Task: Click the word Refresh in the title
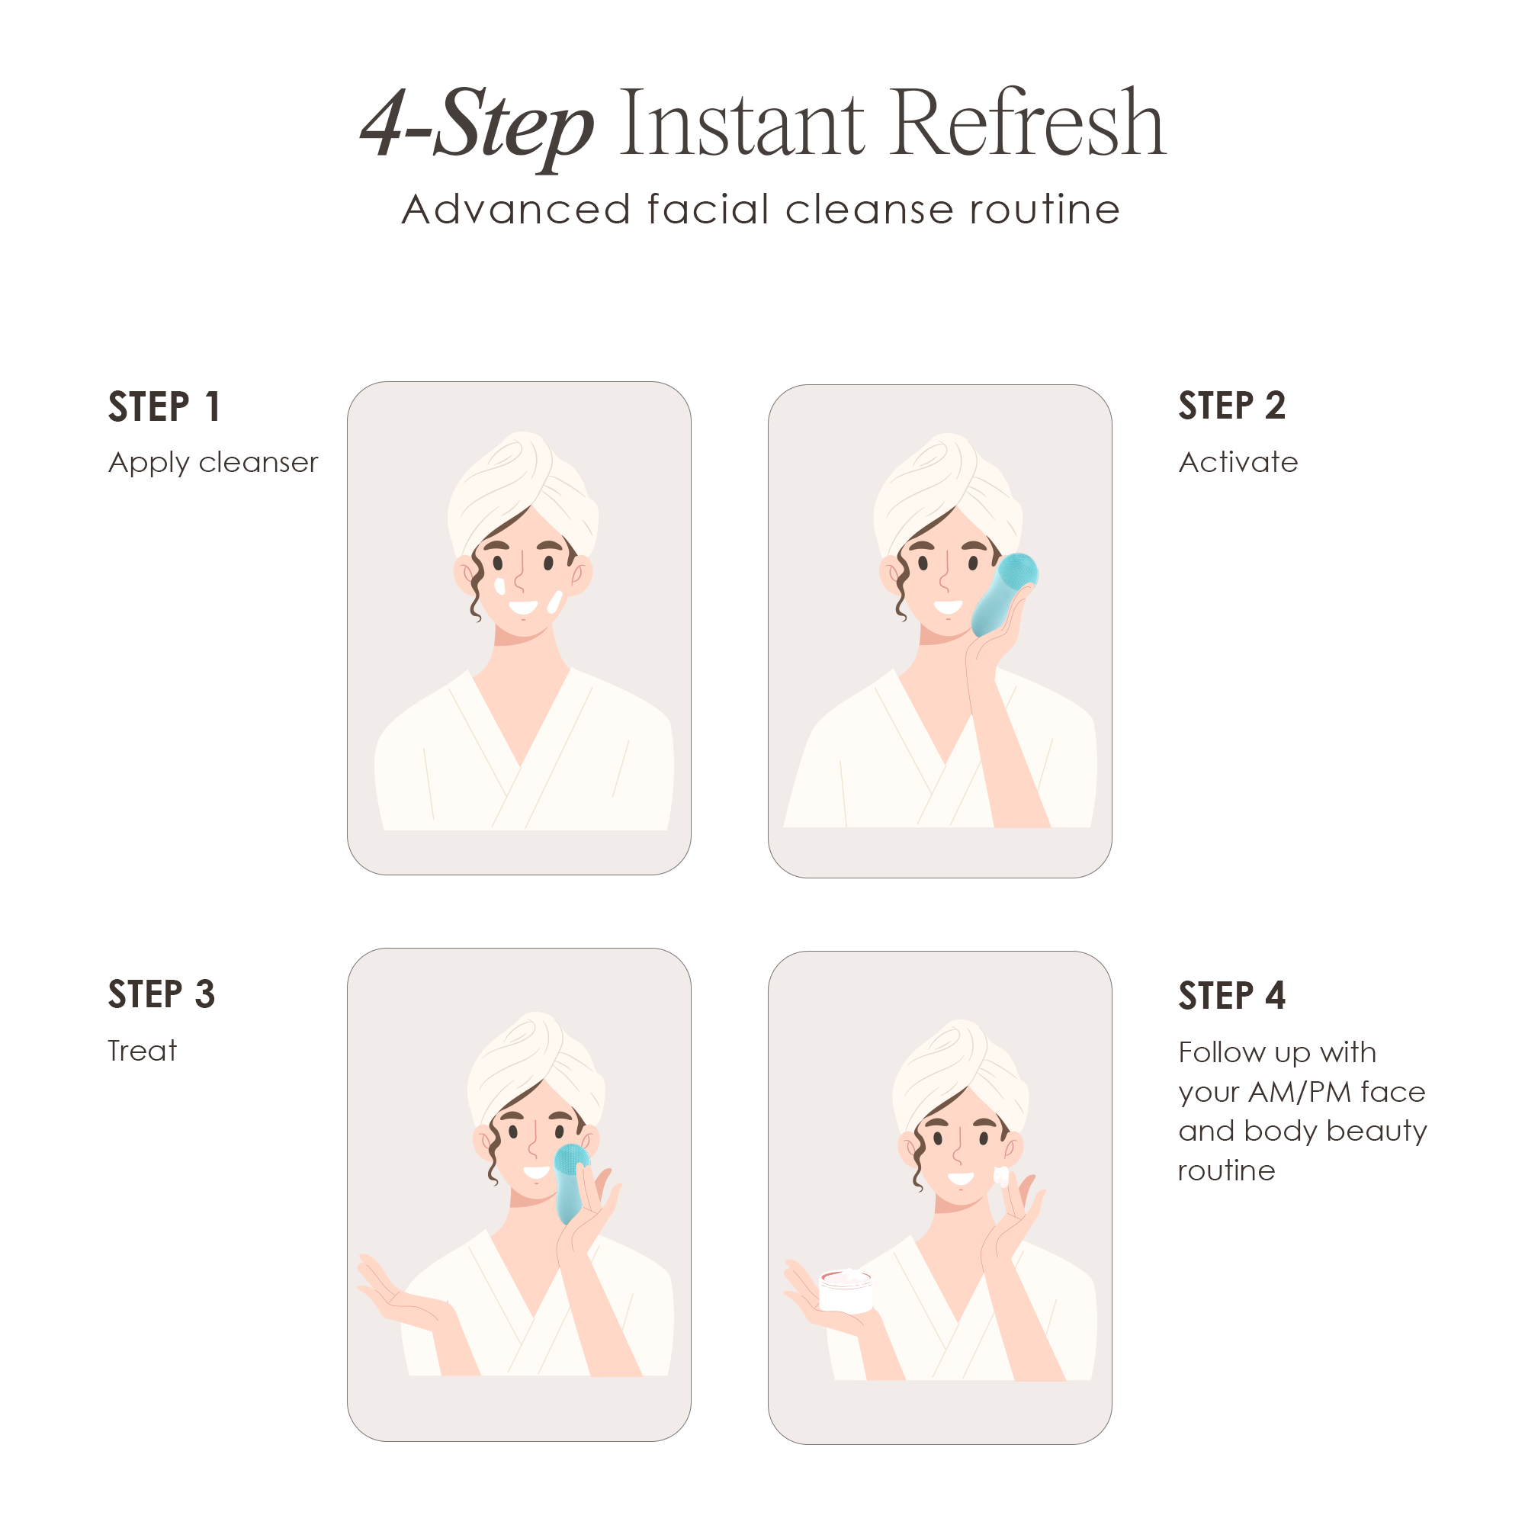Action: (x=1027, y=125)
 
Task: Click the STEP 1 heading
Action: (x=164, y=407)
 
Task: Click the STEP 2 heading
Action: (x=1231, y=406)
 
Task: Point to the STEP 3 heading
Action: (x=162, y=994)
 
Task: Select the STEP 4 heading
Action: (x=1231, y=995)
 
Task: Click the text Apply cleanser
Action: (x=213, y=462)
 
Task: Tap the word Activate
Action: (x=1238, y=462)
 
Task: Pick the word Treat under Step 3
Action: (x=142, y=1051)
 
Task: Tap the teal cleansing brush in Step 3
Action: (x=570, y=1182)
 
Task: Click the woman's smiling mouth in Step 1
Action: (x=522, y=607)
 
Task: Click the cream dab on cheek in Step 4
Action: (x=1001, y=1177)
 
